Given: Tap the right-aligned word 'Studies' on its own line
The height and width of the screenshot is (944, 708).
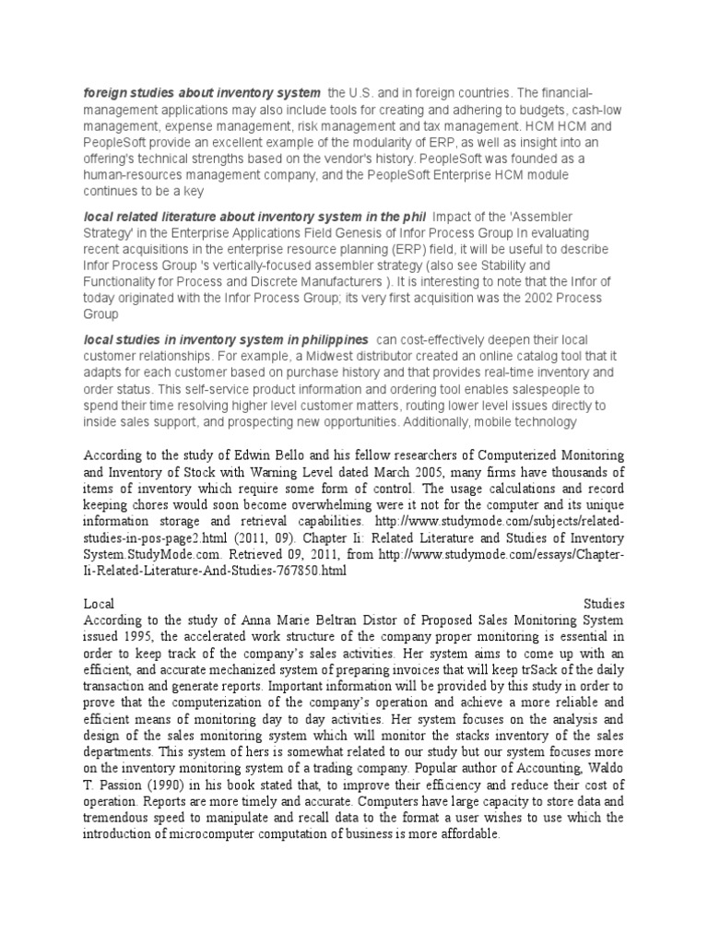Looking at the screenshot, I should [x=604, y=603].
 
